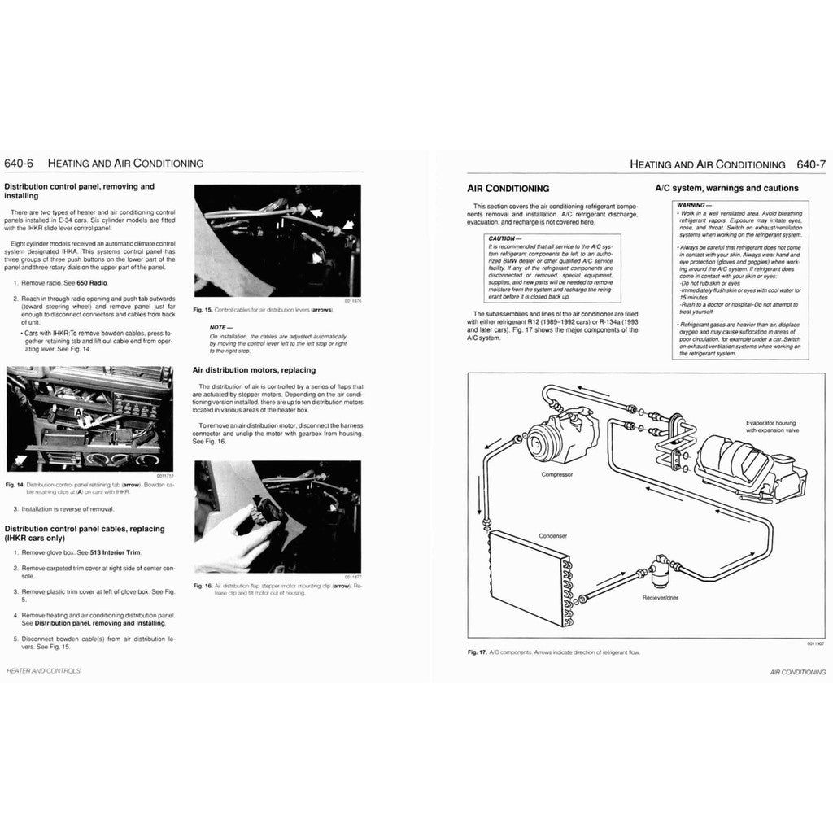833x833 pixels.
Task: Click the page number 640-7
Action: coord(811,164)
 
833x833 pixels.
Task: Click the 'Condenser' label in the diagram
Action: coord(552,537)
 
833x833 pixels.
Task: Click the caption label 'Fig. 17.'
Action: coord(478,652)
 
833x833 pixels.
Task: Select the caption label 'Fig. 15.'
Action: coord(203,310)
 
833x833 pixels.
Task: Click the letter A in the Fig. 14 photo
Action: coord(77,414)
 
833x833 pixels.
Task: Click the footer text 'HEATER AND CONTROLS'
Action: coord(43,671)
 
